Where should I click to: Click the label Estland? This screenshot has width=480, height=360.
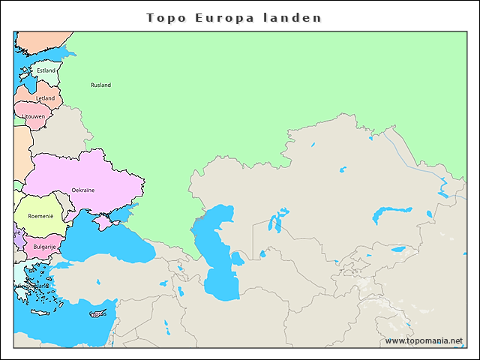tap(46, 70)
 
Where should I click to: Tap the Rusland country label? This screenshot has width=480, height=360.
tap(100, 85)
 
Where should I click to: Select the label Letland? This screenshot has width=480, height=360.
tap(46, 98)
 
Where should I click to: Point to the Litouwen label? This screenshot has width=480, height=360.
tap(33, 116)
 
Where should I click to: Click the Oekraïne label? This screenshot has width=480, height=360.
tap(83, 190)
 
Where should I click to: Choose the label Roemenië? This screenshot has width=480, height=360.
tap(40, 216)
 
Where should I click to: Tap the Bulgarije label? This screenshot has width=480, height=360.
tap(44, 246)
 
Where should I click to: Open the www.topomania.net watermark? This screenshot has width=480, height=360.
tap(424, 340)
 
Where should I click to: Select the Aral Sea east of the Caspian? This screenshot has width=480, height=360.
tap(276, 222)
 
